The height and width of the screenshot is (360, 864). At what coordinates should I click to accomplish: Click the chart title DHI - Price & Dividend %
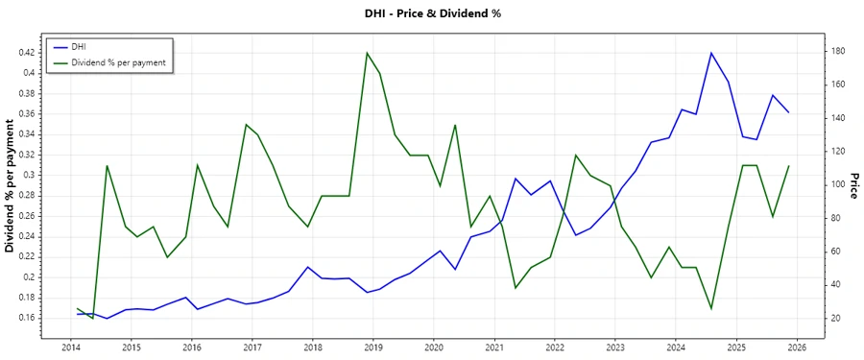433,13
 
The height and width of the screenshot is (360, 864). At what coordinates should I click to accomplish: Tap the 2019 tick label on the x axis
373,347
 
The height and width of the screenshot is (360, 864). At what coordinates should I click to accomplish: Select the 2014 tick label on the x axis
70,347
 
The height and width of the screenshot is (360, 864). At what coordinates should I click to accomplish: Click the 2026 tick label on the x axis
797,347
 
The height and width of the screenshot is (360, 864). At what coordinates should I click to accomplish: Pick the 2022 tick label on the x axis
555,347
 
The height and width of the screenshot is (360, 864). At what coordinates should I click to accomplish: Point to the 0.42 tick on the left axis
27,52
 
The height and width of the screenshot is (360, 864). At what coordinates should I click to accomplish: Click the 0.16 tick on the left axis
27,318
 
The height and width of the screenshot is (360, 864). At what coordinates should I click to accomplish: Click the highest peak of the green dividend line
367,53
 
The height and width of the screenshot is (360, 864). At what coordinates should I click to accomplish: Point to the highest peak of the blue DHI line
711,53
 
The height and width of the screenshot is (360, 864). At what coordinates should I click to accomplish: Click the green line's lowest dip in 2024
711,308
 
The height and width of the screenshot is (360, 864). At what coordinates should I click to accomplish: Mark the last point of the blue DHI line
789,112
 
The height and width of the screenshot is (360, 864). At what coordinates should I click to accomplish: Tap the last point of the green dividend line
789,165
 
